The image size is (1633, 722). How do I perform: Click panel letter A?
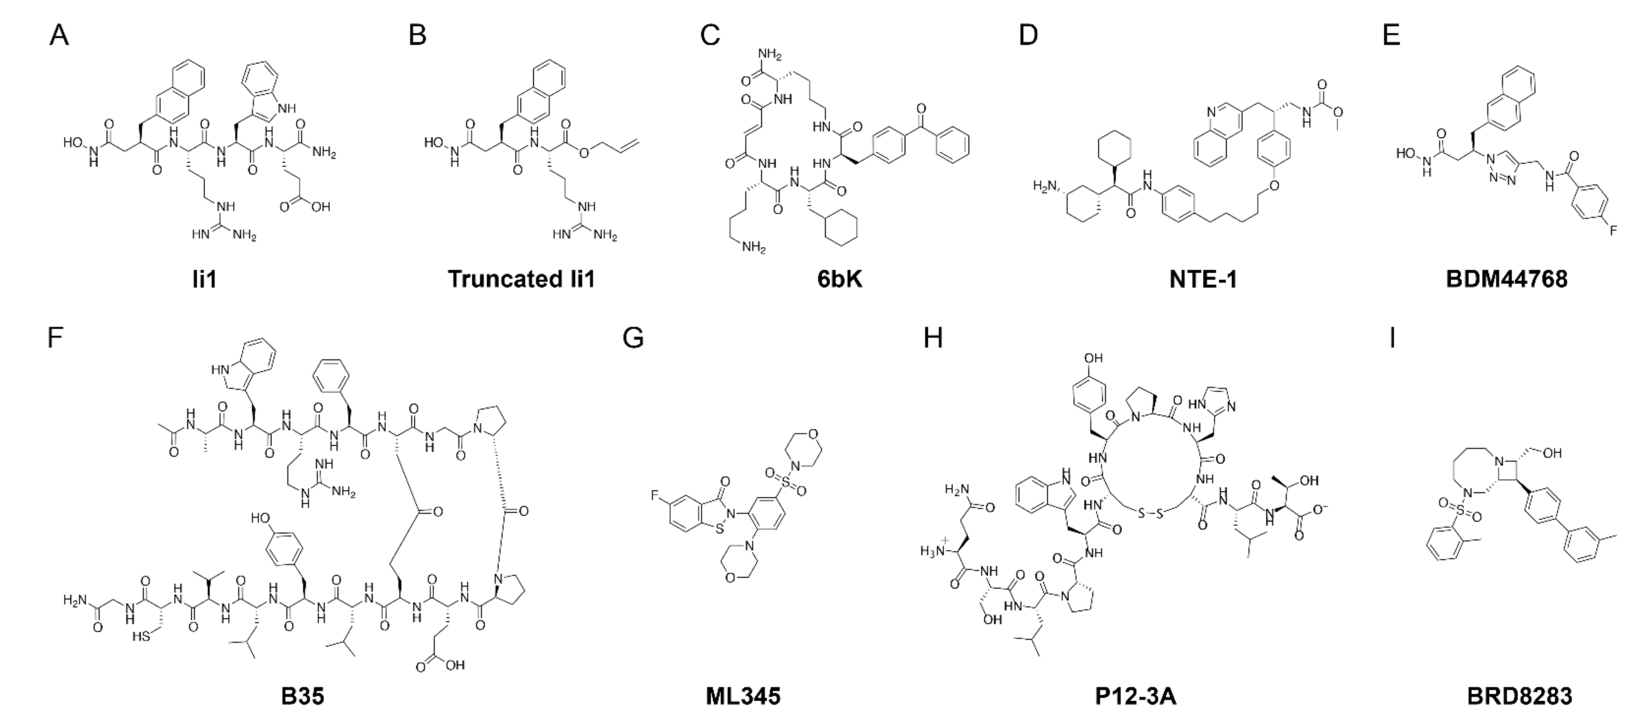[59, 36]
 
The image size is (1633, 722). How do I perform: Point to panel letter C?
[710, 36]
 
